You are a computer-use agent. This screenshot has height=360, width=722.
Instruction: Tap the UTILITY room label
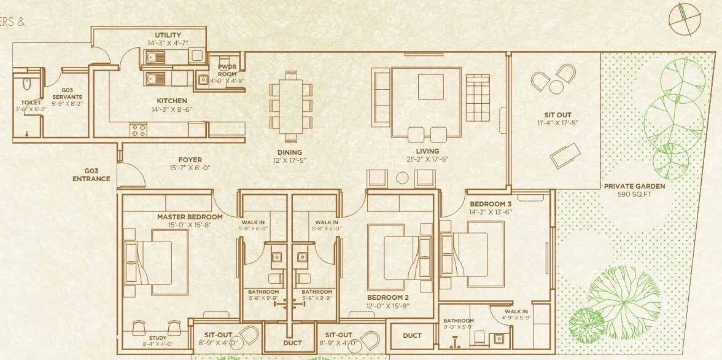click(x=168, y=35)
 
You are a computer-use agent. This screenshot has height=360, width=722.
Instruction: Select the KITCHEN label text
click(x=171, y=101)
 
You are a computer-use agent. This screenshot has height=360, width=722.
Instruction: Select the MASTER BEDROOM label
click(x=189, y=217)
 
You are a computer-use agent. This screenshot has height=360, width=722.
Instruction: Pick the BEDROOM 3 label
click(x=490, y=204)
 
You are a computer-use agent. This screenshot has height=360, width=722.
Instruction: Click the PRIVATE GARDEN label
click(x=634, y=186)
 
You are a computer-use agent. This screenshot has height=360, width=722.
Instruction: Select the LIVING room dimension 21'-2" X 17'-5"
click(x=427, y=160)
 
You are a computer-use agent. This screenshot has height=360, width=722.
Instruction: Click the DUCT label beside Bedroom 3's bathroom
click(x=412, y=335)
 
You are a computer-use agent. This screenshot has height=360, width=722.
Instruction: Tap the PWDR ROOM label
click(x=227, y=71)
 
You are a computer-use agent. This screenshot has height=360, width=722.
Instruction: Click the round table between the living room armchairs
click(x=402, y=178)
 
